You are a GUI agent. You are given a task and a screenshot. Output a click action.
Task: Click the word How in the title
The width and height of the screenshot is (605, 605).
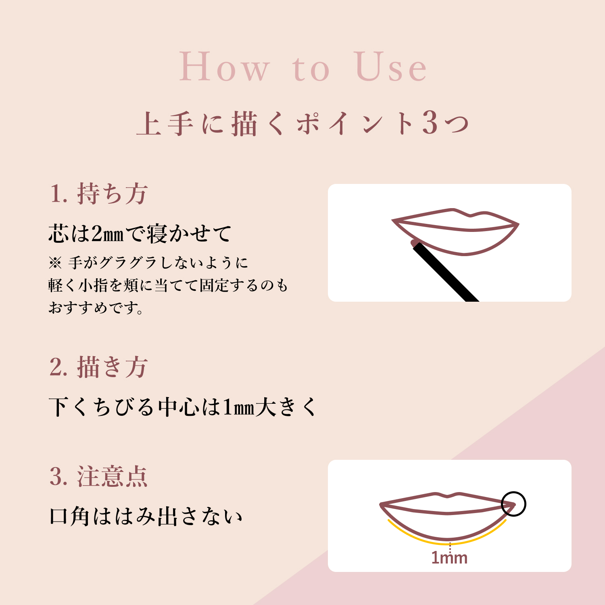click(x=224, y=67)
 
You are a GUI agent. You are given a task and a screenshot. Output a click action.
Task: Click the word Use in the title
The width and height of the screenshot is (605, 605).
click(x=390, y=67)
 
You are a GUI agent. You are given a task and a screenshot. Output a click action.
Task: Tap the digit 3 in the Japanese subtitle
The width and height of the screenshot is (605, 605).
click(x=430, y=123)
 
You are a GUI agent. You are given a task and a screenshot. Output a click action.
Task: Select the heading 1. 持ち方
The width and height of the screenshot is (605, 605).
click(x=99, y=194)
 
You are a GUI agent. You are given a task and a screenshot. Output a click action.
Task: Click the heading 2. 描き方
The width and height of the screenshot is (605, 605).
click(x=99, y=367)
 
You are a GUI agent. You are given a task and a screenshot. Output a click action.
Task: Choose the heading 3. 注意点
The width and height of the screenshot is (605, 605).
click(x=99, y=477)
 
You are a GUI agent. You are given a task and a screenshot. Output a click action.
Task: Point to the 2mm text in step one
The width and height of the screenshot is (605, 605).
click(x=107, y=234)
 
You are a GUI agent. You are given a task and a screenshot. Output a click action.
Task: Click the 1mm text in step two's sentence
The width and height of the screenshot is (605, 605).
click(x=239, y=407)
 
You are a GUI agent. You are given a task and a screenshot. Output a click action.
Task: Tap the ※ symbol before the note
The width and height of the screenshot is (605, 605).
click(x=55, y=263)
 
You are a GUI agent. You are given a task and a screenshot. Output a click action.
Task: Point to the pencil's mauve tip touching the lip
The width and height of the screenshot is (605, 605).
click(x=414, y=243)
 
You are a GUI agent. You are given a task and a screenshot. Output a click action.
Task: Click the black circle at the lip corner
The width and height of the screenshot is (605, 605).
click(x=513, y=504)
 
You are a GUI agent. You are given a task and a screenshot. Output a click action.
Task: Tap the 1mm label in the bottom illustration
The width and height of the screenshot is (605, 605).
click(x=449, y=558)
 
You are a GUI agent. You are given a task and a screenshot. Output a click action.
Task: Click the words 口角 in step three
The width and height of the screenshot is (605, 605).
click(x=69, y=517)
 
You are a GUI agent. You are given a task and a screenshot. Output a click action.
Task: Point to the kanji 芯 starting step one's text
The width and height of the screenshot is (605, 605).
click(x=58, y=234)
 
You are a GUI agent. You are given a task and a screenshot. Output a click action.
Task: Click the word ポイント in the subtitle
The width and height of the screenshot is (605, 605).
click(x=355, y=123)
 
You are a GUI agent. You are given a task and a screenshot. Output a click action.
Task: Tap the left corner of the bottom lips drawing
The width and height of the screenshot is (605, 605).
click(x=382, y=504)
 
